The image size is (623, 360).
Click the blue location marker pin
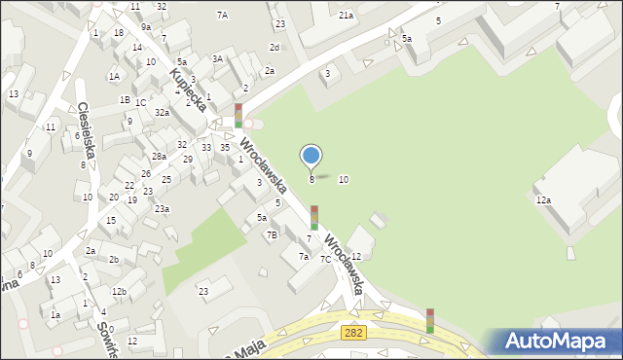(x=311, y=157)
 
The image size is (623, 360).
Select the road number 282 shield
(x=354, y=334)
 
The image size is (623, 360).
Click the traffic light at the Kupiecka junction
(x=238, y=116)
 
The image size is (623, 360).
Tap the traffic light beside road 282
(x=429, y=321)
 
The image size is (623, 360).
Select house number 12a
(x=543, y=200)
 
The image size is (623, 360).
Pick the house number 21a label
(x=346, y=16)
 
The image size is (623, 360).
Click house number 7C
(x=325, y=259)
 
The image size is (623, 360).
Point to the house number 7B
(x=274, y=234)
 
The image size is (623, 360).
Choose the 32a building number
(x=162, y=113)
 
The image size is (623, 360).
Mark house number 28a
(x=159, y=157)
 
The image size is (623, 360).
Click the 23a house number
(x=163, y=209)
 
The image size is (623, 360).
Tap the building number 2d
(x=275, y=48)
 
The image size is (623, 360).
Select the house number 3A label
(x=218, y=59)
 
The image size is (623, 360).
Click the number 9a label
(x=145, y=28)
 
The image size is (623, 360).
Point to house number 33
(x=206, y=147)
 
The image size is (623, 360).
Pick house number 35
(x=225, y=147)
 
